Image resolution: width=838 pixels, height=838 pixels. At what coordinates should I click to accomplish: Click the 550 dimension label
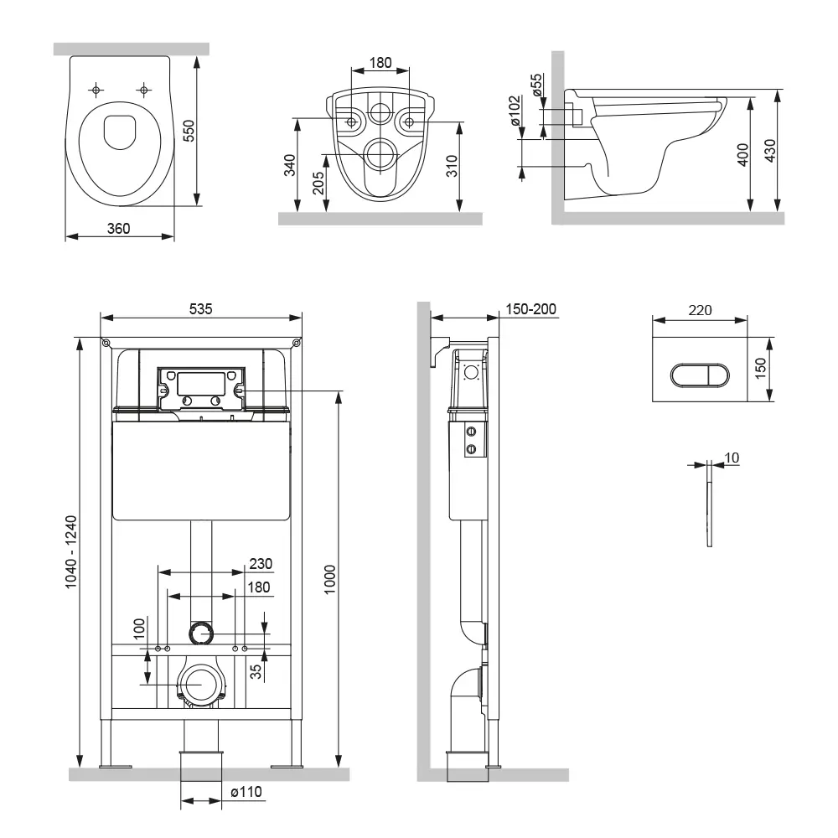[189, 131]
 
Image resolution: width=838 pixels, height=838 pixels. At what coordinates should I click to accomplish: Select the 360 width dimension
[118, 229]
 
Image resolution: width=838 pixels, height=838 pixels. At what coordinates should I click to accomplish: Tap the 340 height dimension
[290, 166]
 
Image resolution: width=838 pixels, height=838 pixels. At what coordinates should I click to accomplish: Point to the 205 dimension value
[318, 184]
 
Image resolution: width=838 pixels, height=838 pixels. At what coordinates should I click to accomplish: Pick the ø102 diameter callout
[515, 110]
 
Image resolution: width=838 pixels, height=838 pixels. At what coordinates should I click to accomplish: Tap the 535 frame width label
[201, 308]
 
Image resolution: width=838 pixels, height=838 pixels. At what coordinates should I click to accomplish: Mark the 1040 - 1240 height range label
[71, 552]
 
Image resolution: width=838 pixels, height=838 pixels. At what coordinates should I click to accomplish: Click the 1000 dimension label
[331, 578]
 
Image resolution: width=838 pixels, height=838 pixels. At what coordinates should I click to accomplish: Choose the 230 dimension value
[261, 564]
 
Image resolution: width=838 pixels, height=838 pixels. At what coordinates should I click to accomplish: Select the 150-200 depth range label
[530, 309]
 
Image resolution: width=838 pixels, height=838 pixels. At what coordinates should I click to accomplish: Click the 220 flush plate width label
[700, 310]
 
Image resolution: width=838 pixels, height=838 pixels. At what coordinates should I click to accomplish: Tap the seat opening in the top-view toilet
[118, 132]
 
